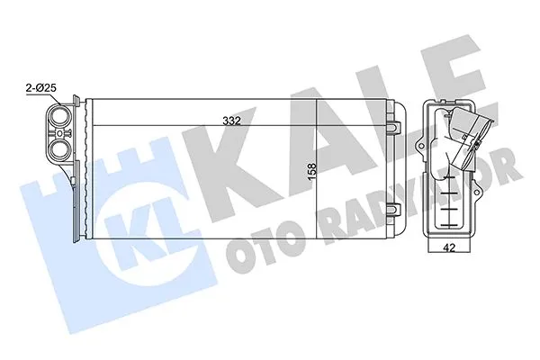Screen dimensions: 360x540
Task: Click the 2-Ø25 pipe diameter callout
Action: (43, 87)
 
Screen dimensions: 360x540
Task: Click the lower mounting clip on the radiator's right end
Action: (393, 212)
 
